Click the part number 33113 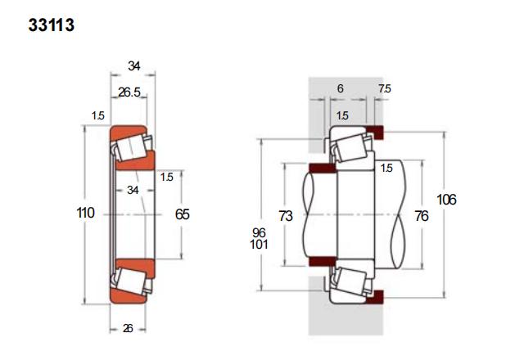51,25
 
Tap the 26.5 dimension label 129,92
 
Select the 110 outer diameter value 85,213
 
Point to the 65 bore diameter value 182,214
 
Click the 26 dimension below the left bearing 128,329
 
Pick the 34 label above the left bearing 134,66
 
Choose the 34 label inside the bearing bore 133,190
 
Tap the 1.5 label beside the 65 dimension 166,177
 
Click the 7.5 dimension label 385,88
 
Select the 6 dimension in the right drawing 341,88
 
